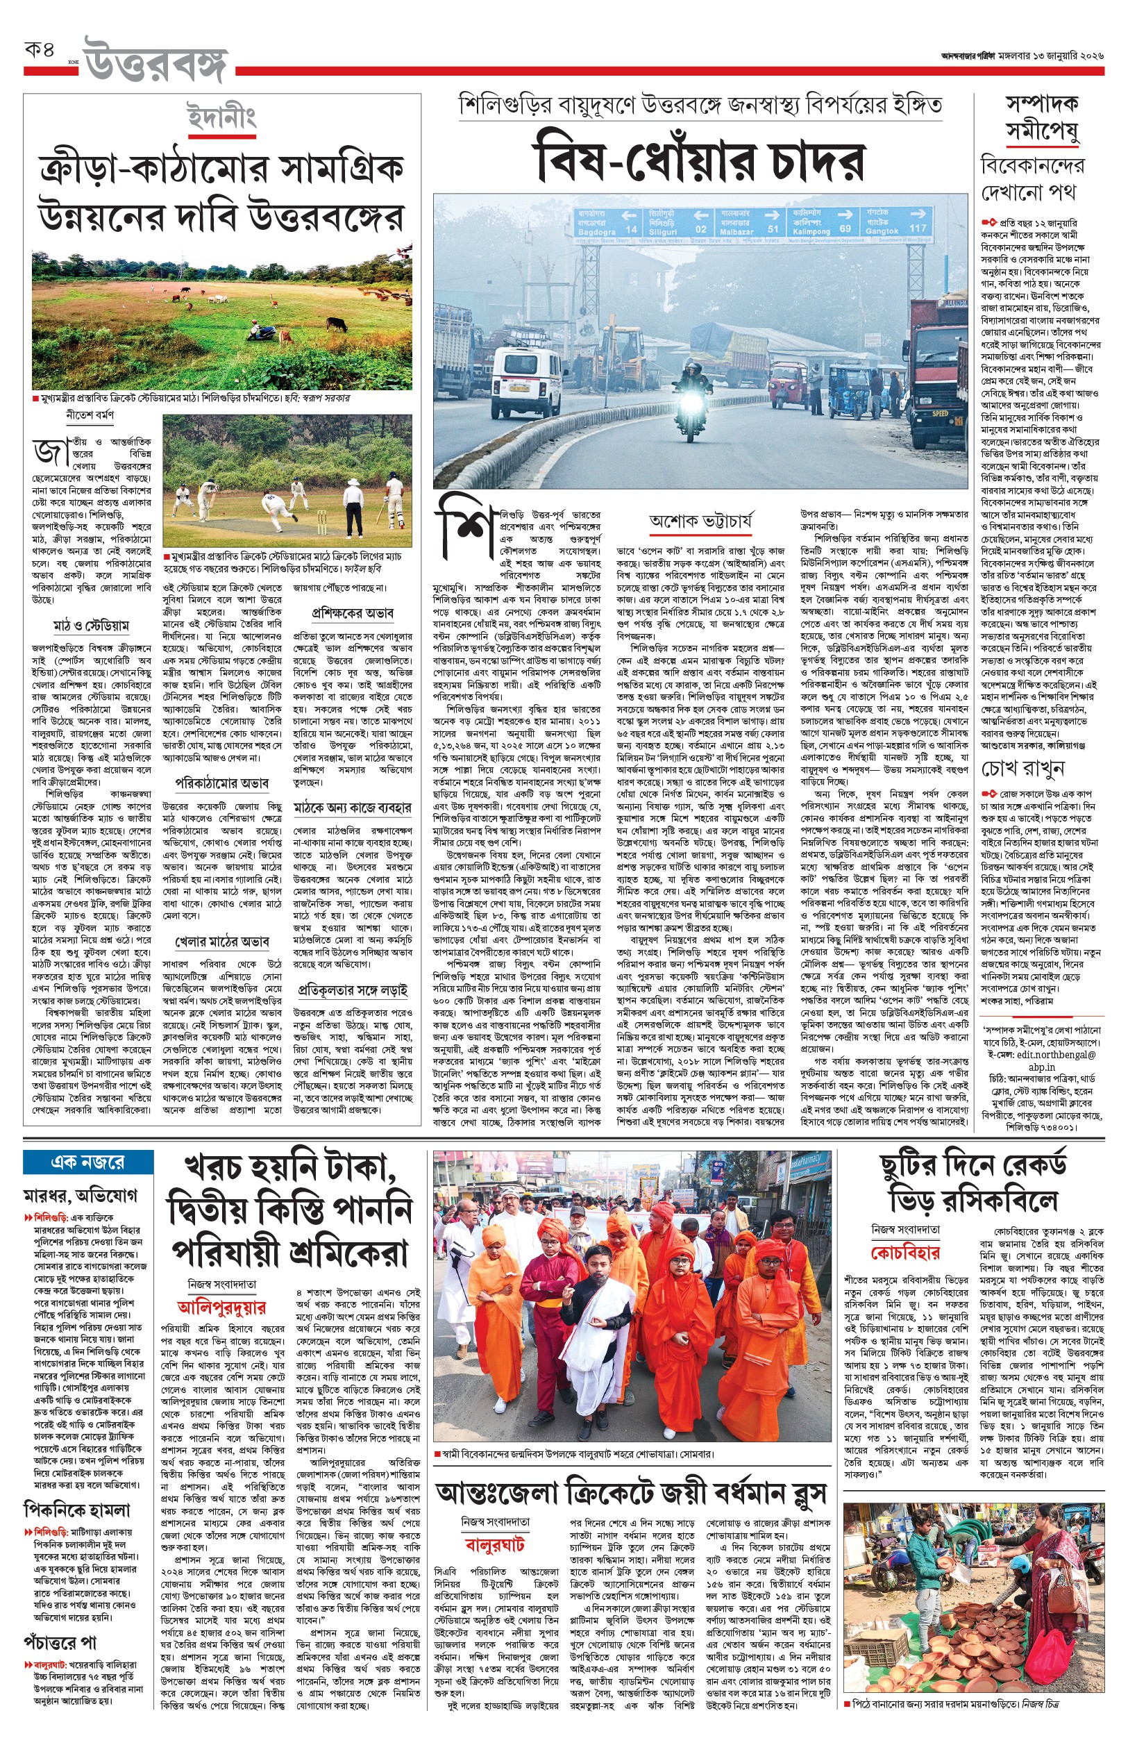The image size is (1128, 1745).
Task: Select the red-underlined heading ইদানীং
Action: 221,117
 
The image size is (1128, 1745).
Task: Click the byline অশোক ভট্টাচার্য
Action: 700,521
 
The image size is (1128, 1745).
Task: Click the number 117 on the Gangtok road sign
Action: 917,228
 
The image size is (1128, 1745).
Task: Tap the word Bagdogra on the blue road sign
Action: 596,231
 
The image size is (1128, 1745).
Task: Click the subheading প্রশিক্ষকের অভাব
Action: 353,612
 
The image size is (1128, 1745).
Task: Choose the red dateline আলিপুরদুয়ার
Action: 221,1307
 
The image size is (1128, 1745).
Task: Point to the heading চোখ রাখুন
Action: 1022,769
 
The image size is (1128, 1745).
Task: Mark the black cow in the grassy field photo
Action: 336,323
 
